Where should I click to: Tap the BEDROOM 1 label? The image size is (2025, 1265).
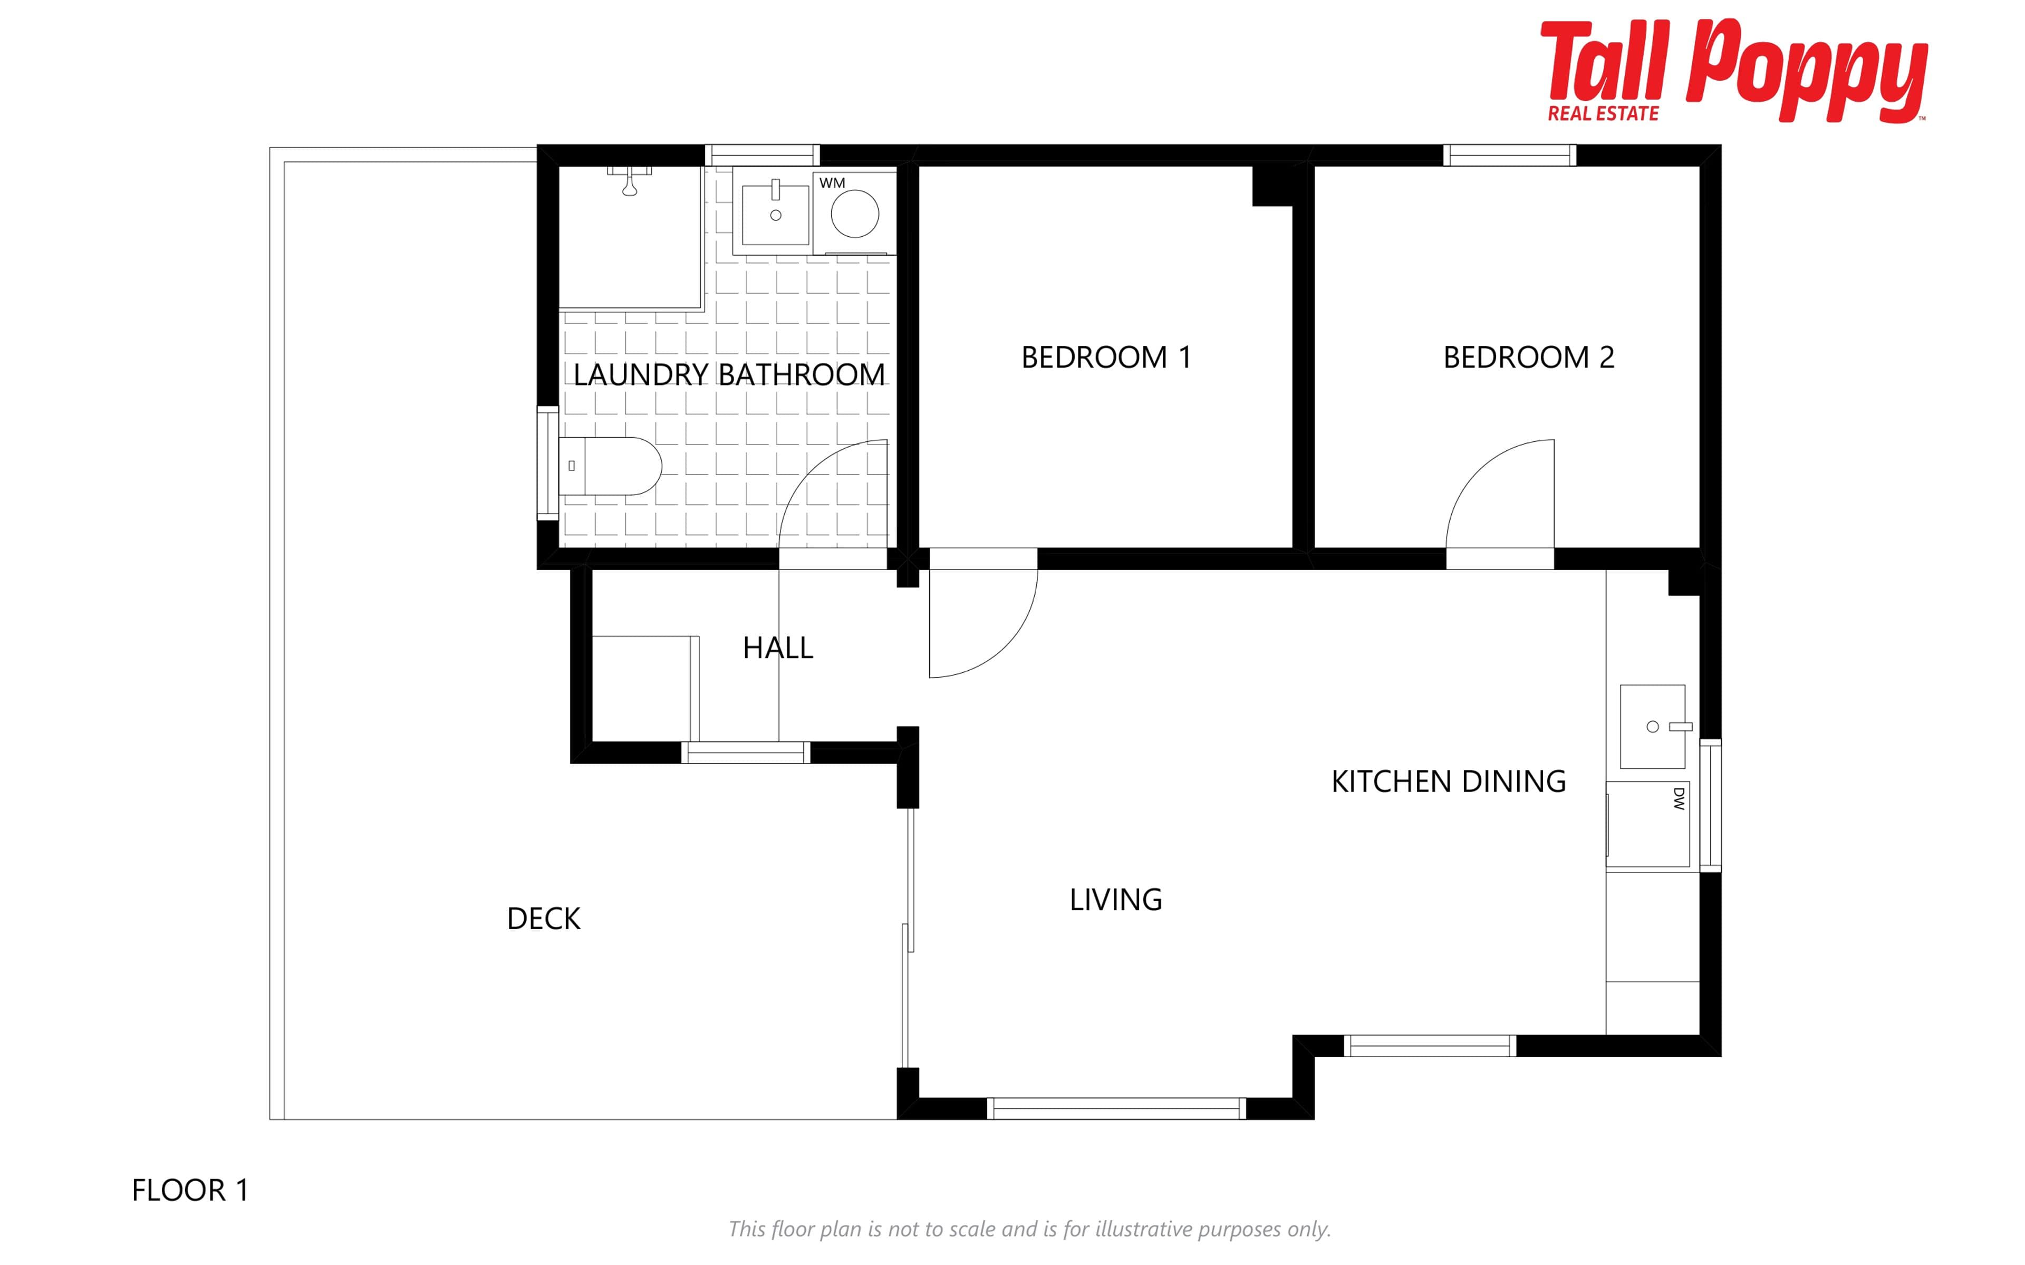(1106, 357)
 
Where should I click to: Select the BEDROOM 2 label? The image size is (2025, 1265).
(1528, 357)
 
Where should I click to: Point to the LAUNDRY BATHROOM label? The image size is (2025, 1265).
(729, 375)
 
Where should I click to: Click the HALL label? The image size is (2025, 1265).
(778, 649)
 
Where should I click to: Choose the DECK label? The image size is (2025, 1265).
(543, 919)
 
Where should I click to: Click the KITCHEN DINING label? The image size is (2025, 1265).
(1448, 781)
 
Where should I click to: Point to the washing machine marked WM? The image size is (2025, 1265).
(854, 214)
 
